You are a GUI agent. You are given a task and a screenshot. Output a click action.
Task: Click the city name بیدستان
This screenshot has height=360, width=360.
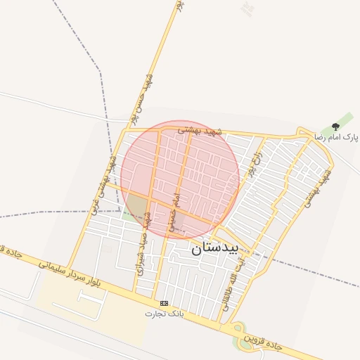(215, 247)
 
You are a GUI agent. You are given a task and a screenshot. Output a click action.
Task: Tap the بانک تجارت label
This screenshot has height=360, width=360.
(164, 313)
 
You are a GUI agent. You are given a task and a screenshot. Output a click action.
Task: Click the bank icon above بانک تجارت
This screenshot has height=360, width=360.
(164, 303)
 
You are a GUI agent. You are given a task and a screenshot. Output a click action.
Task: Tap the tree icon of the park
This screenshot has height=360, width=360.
(335, 127)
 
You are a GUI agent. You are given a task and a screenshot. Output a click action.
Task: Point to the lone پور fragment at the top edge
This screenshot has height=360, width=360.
(179, 5)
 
